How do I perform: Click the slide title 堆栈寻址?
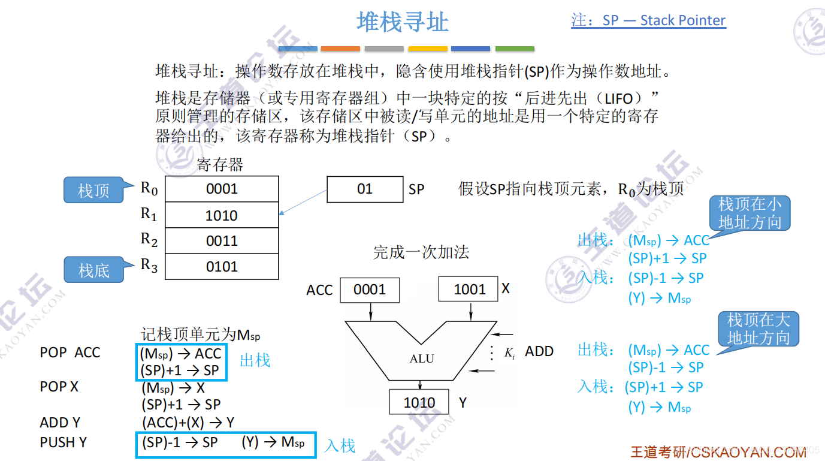coord(403,23)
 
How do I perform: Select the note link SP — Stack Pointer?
coord(648,20)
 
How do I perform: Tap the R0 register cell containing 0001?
coord(222,189)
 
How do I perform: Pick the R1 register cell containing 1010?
coord(222,215)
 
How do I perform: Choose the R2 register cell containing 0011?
coord(222,241)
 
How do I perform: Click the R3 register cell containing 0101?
coord(222,267)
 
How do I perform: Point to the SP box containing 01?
coord(365,189)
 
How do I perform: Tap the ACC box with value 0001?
coord(370,290)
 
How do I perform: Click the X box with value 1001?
coord(469,290)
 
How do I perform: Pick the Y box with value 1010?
coord(419,402)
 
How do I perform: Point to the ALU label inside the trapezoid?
coord(422,358)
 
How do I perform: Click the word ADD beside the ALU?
coord(539,352)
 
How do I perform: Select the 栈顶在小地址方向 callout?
coord(750,213)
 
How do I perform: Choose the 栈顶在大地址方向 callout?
coord(758,329)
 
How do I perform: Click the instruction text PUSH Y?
coord(64,442)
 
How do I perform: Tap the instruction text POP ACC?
coord(70,353)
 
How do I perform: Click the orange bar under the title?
coord(340,49)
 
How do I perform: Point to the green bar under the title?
coord(515,49)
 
